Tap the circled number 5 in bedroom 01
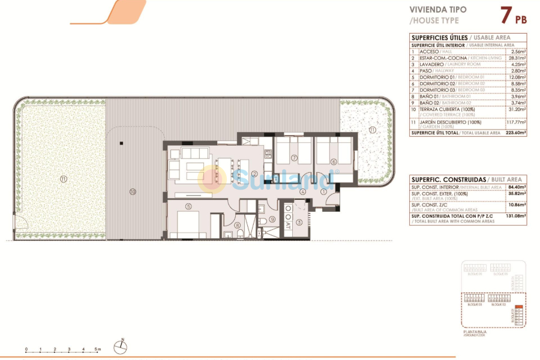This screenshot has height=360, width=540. tap(188, 207)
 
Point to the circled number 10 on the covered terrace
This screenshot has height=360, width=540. tap(133, 192)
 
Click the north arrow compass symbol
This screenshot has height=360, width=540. tap(123, 344)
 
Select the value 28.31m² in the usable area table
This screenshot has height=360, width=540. tap(516, 58)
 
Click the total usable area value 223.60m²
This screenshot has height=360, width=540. tap(515, 133)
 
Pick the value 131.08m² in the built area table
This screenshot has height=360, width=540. tap(515, 216)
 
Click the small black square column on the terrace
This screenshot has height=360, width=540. tap(121, 143)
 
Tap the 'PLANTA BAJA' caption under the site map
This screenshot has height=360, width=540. tap(475, 331)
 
